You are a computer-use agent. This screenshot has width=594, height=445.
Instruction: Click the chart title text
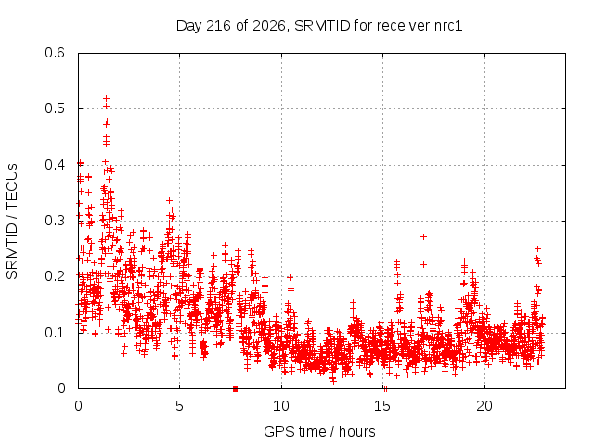pyautogui.click(x=319, y=26)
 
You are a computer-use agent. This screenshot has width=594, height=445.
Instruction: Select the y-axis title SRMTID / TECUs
pyautogui.click(x=12, y=222)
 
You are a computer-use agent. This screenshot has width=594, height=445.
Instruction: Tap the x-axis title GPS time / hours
pyautogui.click(x=319, y=431)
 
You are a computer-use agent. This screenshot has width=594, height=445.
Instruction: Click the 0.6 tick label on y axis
pyautogui.click(x=55, y=53)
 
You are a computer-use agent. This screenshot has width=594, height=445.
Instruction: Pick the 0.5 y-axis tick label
pyautogui.click(x=55, y=108)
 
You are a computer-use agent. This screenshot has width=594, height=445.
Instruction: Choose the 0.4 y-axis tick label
pyautogui.click(x=55, y=165)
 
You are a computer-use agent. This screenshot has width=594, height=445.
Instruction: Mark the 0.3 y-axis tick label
pyautogui.click(x=55, y=221)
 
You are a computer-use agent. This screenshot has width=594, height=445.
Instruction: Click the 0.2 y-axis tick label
pyautogui.click(x=55, y=276)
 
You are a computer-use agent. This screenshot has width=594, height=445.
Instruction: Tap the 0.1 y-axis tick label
pyautogui.click(x=55, y=333)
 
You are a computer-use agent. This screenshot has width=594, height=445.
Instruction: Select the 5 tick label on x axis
pyautogui.click(x=179, y=406)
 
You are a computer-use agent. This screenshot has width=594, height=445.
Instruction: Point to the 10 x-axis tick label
pyautogui.click(x=281, y=406)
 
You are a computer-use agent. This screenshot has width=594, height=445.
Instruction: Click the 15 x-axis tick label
pyautogui.click(x=382, y=406)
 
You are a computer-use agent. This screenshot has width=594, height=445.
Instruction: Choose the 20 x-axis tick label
pyautogui.click(x=484, y=406)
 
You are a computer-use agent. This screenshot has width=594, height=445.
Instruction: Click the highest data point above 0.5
pyautogui.click(x=107, y=99)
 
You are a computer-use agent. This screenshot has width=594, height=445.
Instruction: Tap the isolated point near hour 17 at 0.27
pyautogui.click(x=424, y=237)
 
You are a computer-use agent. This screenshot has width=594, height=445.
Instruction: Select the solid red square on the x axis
pyautogui.click(x=235, y=388)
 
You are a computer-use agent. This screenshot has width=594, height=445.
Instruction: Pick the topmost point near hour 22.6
pyautogui.click(x=537, y=249)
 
